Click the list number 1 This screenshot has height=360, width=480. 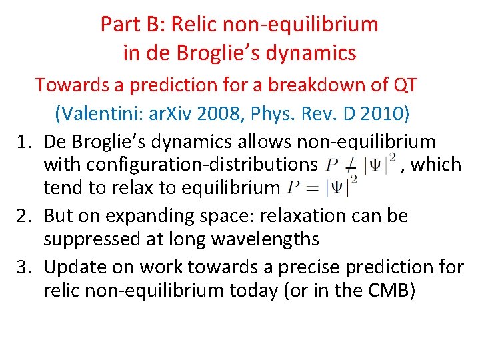(x=25, y=142)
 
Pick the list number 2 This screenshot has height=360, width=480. (x=25, y=216)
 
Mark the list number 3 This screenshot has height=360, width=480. (x=25, y=267)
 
